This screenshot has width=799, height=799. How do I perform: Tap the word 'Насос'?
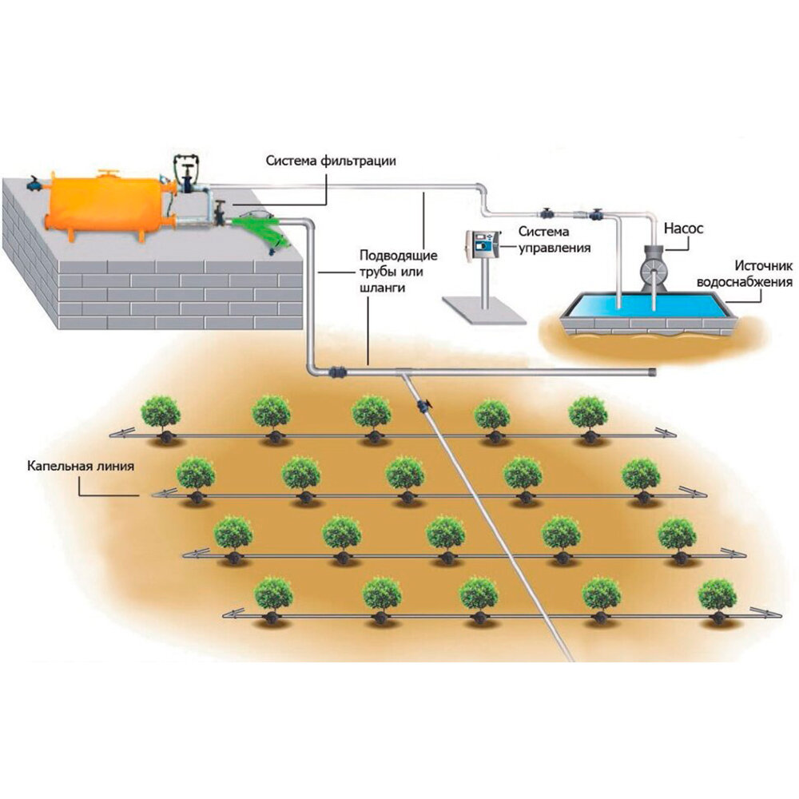684,228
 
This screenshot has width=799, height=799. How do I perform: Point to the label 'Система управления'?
555,240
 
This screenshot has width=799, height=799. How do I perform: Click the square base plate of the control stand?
484,310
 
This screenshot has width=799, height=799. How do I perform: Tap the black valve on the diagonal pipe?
423,406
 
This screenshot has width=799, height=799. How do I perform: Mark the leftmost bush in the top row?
161,414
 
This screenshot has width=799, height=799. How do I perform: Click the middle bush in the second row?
405,475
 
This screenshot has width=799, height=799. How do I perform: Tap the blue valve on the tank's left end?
34,183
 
